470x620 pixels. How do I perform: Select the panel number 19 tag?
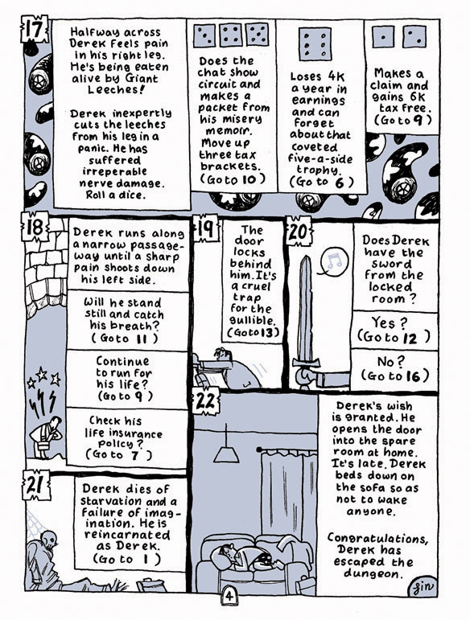tap(205, 228)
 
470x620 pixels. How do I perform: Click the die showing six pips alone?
tap(315, 44)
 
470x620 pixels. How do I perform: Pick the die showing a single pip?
tap(383, 37)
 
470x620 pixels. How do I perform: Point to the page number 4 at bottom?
tap(229, 596)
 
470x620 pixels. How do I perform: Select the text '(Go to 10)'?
tap(233, 179)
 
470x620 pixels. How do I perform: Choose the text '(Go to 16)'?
tap(394, 375)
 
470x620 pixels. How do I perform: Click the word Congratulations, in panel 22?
tap(377, 538)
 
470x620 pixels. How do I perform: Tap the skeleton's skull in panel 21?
tap(50, 539)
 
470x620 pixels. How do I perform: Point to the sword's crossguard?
tap(306, 361)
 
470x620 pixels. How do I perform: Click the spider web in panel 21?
tap(35, 523)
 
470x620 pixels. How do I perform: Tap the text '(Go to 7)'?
tap(118, 454)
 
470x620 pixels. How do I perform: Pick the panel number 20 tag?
tap(299, 231)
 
